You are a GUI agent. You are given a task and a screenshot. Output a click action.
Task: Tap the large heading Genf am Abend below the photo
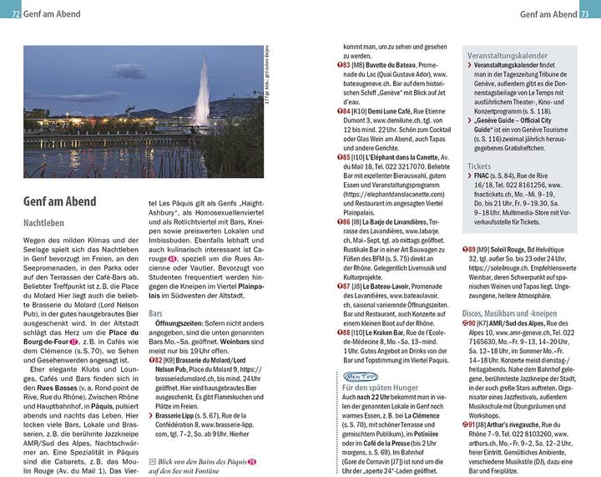point(59,201)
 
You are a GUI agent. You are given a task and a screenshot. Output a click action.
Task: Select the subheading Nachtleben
point(46,224)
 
